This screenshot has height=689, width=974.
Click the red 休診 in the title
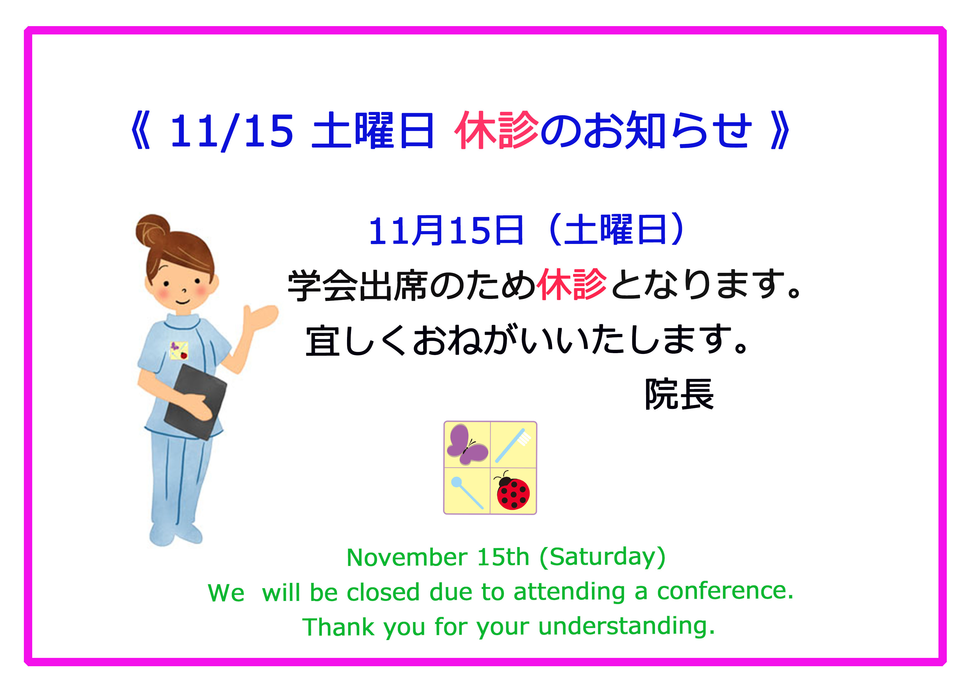pyautogui.click(x=496, y=130)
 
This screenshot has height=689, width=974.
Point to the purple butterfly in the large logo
pyautogui.click(x=467, y=445)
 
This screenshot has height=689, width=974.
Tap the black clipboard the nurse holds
pyautogui.click(x=195, y=401)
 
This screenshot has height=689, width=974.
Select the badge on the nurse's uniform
pyautogui.click(x=179, y=351)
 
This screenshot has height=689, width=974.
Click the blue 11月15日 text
pyautogui.click(x=446, y=231)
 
